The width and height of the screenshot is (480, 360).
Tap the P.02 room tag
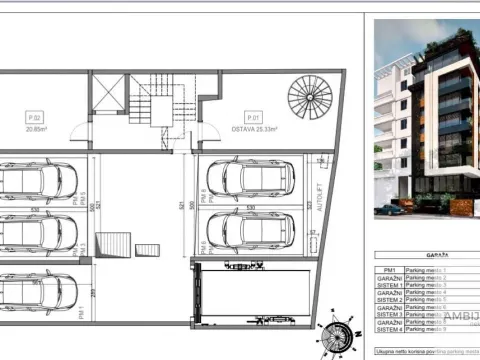[x=39, y=115]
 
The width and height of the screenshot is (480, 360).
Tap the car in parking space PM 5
[x=38, y=180]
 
